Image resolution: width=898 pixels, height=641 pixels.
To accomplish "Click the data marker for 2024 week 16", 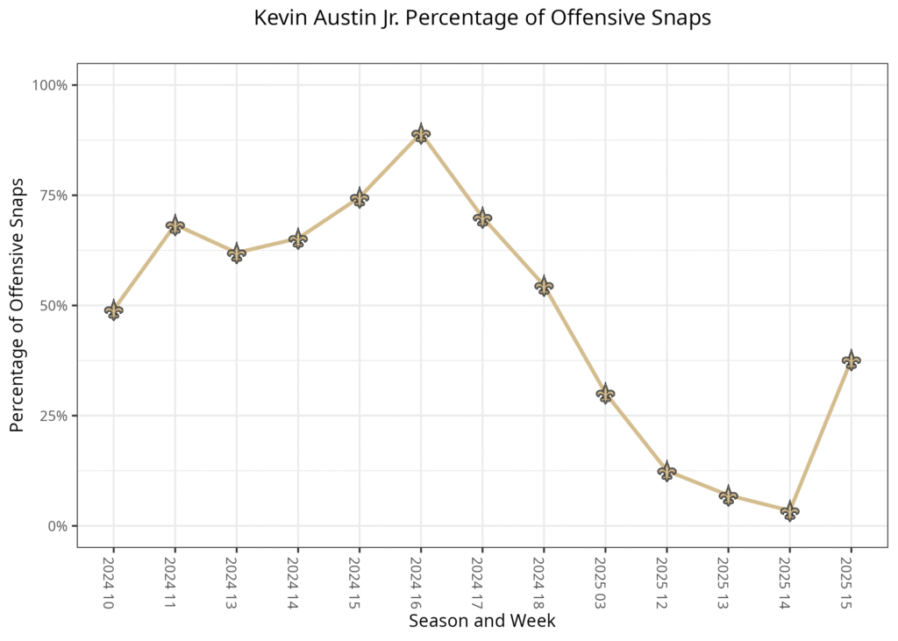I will coord(421,133).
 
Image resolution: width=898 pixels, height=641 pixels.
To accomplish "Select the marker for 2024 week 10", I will coord(113,310).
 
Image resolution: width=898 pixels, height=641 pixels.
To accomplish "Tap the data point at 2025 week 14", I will coord(789,511).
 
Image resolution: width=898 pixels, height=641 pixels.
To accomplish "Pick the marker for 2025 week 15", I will coord(851,360).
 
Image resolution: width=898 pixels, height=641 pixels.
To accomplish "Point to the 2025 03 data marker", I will coord(605,394).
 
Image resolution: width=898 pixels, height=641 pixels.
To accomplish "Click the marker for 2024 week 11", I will coord(175,225).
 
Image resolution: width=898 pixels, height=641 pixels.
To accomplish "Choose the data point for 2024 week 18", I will coord(544,286).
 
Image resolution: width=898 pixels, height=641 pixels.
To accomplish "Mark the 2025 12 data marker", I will coord(666,472).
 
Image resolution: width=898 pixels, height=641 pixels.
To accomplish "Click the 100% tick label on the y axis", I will coord(51,85).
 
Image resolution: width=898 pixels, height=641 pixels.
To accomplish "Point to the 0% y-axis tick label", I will coord(58,526).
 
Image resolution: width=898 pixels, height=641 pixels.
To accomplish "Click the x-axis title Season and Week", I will coord(481,621).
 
